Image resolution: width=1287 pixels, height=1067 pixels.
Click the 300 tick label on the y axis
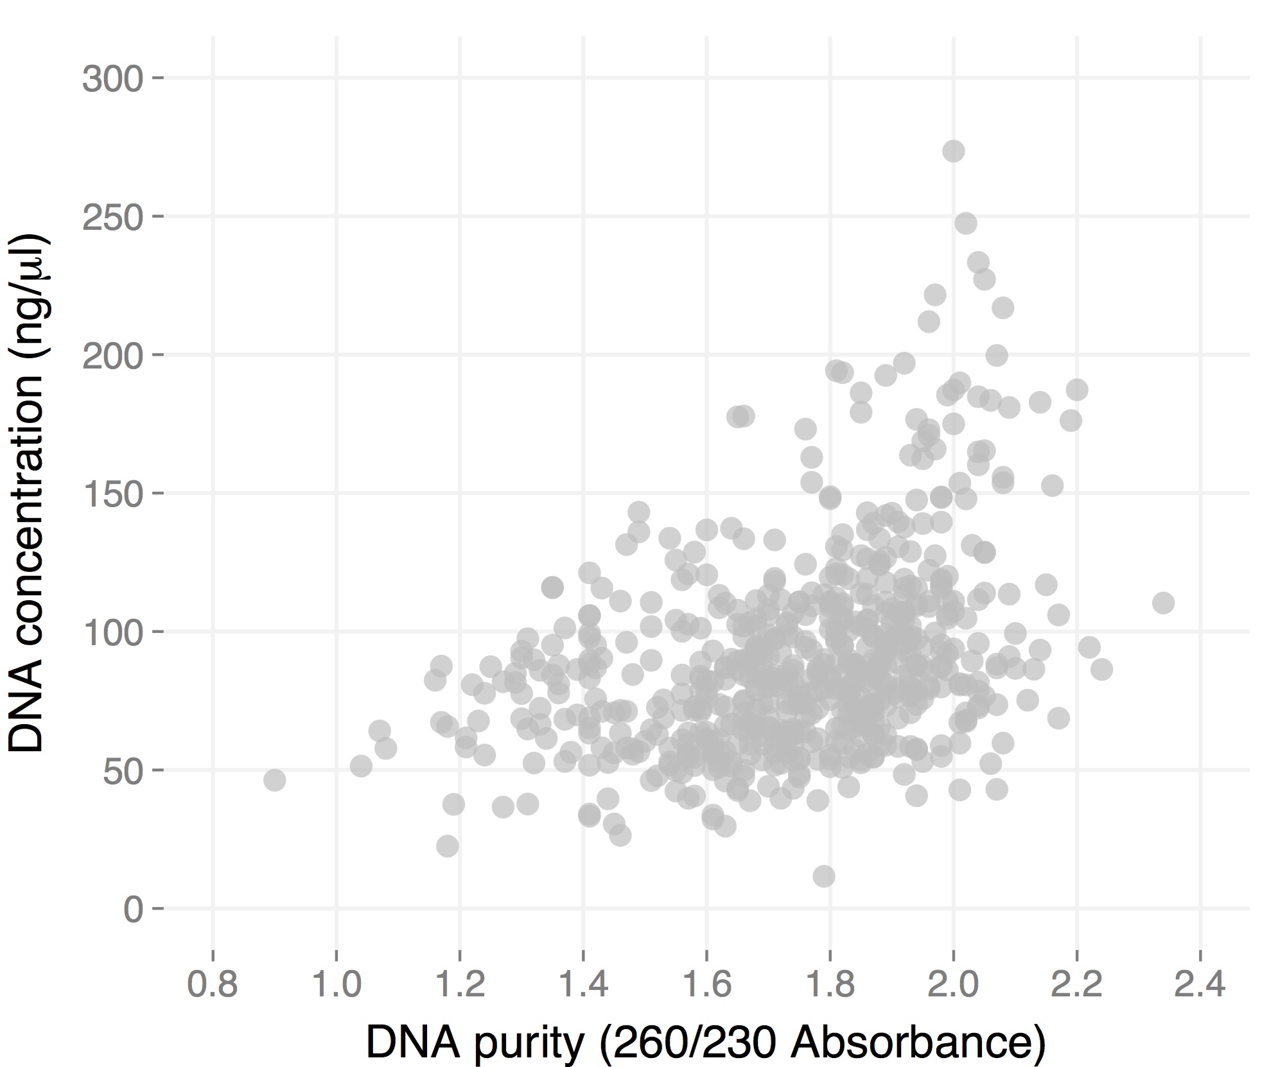[x=112, y=79]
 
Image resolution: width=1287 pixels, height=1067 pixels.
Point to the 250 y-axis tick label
[x=112, y=218]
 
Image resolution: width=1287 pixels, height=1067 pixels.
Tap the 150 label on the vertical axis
[x=112, y=494]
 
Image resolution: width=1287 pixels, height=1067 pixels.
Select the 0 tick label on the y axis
[x=133, y=909]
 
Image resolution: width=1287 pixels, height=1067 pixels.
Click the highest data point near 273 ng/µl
[x=953, y=152]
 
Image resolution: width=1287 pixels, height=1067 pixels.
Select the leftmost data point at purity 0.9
[x=274, y=781]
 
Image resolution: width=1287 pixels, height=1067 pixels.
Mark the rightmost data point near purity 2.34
[x=1163, y=603]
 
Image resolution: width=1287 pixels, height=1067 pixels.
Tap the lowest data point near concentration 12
[x=823, y=876]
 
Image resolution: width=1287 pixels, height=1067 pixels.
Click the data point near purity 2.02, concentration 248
[x=966, y=223]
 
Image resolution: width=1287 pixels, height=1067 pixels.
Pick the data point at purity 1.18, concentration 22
[x=448, y=846]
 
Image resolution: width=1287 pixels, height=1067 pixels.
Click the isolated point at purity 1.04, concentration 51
[x=361, y=765]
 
